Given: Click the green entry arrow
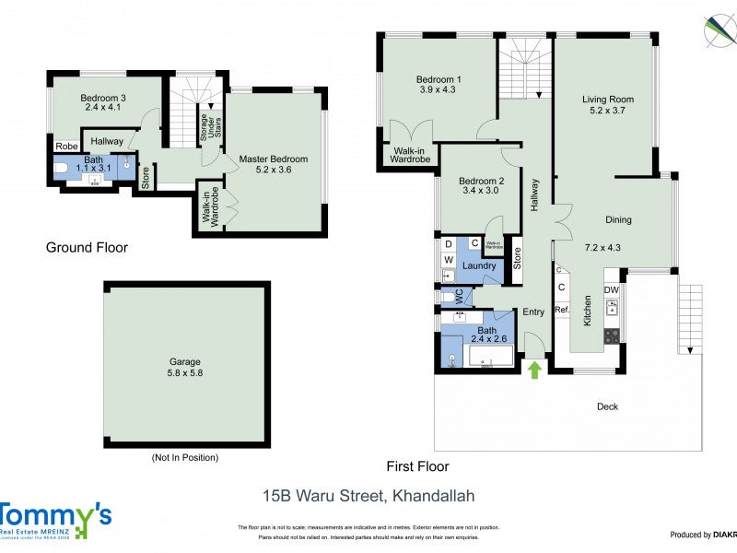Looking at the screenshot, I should (x=533, y=370).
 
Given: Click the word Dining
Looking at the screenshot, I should (x=618, y=219).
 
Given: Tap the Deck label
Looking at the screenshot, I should (x=607, y=406).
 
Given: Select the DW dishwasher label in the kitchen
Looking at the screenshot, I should (x=612, y=290).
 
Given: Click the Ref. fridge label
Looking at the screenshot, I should (x=561, y=310).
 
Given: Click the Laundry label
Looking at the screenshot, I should (x=480, y=266).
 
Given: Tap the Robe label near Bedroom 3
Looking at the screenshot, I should (x=65, y=146).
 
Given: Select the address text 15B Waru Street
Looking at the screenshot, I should (x=368, y=496).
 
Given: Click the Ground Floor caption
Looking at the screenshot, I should (x=87, y=247).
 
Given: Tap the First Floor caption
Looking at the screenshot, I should (x=417, y=466).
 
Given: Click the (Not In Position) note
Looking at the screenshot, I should (x=185, y=457).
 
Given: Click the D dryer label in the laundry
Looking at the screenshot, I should (x=448, y=243).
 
